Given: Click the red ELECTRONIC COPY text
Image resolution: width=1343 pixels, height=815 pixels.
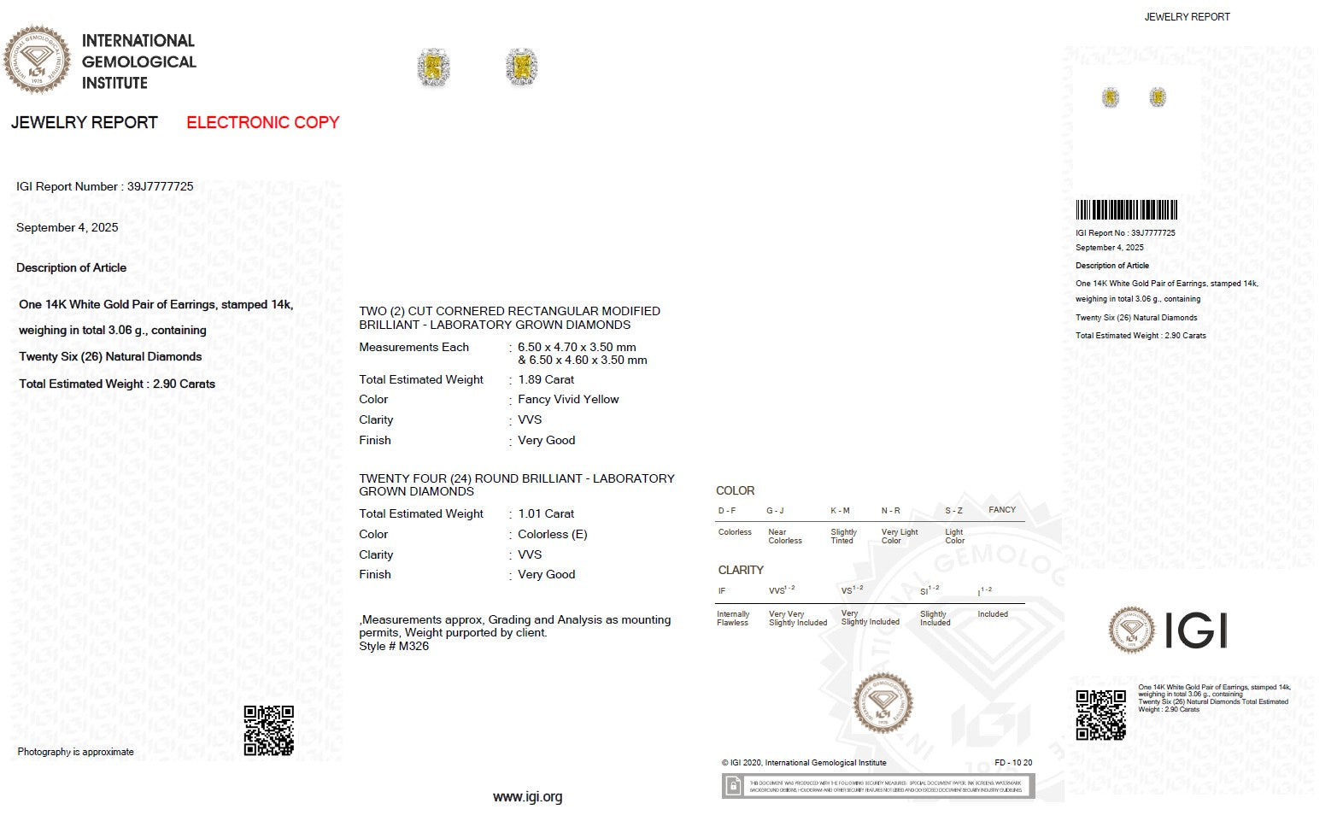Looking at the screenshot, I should click(262, 122).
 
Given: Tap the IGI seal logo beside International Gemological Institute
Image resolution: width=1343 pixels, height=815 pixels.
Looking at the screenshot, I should click(37, 60).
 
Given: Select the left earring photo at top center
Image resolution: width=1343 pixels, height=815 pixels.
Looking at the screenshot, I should click(433, 67).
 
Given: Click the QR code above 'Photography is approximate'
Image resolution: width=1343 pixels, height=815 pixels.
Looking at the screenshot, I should click(268, 730).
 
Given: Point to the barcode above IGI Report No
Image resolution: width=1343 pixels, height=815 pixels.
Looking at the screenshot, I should click(1126, 209).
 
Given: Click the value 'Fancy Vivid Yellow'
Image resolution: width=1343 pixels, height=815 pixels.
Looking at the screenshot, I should click(568, 399).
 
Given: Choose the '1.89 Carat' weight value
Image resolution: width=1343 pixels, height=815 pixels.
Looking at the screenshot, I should click(546, 379).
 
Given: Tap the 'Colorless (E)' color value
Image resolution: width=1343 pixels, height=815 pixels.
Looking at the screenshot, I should click(552, 534).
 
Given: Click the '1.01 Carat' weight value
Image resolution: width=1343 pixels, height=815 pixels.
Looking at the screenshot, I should click(546, 513).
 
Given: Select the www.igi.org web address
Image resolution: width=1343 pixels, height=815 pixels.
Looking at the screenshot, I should click(527, 797).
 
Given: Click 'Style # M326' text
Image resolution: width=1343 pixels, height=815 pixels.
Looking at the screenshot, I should click(394, 646).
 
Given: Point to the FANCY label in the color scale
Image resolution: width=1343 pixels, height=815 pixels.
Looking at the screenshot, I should click(1002, 510).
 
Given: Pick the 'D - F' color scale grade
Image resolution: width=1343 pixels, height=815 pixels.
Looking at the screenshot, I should click(727, 511).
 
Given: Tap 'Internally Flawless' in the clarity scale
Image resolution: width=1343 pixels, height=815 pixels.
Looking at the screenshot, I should click(733, 619).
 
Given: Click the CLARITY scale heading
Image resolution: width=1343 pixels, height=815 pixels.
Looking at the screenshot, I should click(741, 570).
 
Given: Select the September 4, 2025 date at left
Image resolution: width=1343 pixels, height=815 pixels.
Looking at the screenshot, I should click(67, 227).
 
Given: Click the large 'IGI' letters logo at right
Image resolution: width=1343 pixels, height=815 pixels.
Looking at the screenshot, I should click(1195, 631).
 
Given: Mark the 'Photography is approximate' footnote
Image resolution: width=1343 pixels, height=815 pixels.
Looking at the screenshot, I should click(75, 752).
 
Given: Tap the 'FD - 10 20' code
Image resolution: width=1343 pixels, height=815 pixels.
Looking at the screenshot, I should click(1013, 763).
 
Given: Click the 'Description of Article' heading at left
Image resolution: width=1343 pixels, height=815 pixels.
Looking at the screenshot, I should click(71, 267).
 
